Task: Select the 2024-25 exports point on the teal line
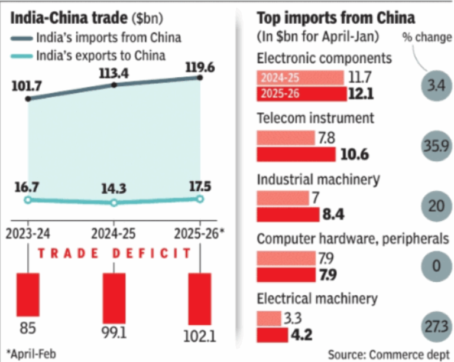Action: point(114,203)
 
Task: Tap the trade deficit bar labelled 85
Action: point(28,294)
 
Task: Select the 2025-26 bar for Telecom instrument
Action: point(296,155)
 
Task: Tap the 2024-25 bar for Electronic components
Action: point(300,78)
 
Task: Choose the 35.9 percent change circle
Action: point(436,146)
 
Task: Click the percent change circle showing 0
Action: point(436,266)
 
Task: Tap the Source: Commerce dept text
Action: point(387,353)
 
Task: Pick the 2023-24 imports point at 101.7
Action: point(28,99)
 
